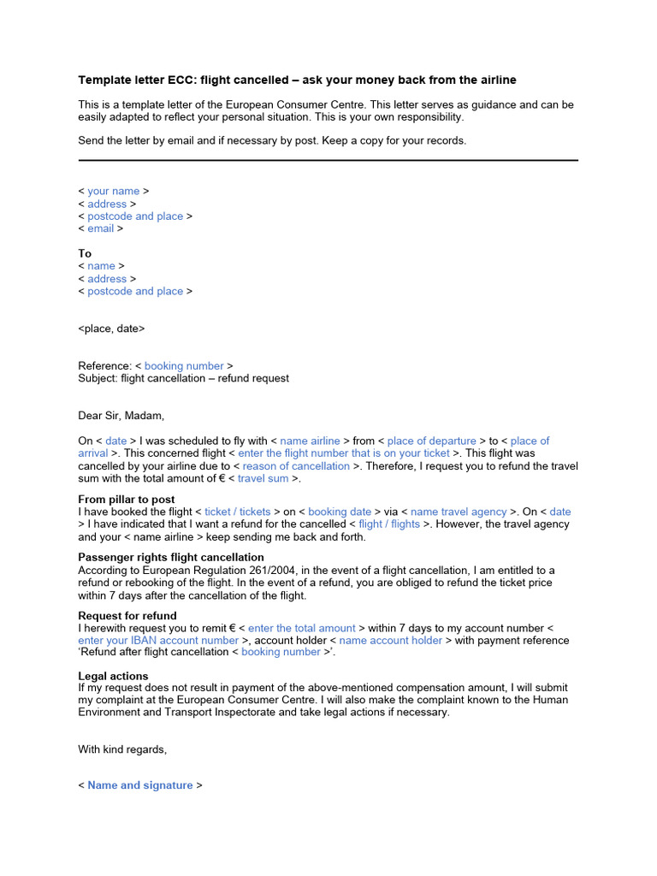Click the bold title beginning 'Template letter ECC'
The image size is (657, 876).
(x=297, y=80)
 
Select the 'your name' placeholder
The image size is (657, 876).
(x=113, y=192)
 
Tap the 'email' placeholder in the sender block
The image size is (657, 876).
(x=100, y=229)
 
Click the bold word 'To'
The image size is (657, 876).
(x=85, y=254)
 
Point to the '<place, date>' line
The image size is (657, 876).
(x=111, y=328)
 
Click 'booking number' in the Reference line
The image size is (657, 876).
(x=184, y=366)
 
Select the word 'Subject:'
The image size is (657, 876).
(x=98, y=378)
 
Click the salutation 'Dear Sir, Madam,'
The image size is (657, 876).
(x=121, y=416)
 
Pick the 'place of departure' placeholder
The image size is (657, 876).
(x=431, y=441)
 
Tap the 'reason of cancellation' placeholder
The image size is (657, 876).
(x=296, y=466)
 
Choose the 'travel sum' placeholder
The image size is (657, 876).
(x=263, y=479)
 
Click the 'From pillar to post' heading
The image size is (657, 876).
(x=127, y=500)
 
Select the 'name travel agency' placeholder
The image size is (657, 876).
(x=459, y=512)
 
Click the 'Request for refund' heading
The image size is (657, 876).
(x=127, y=616)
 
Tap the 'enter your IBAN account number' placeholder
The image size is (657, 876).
(x=158, y=641)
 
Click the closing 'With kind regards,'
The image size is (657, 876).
(x=122, y=750)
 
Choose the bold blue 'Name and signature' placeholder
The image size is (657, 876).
(x=140, y=785)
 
